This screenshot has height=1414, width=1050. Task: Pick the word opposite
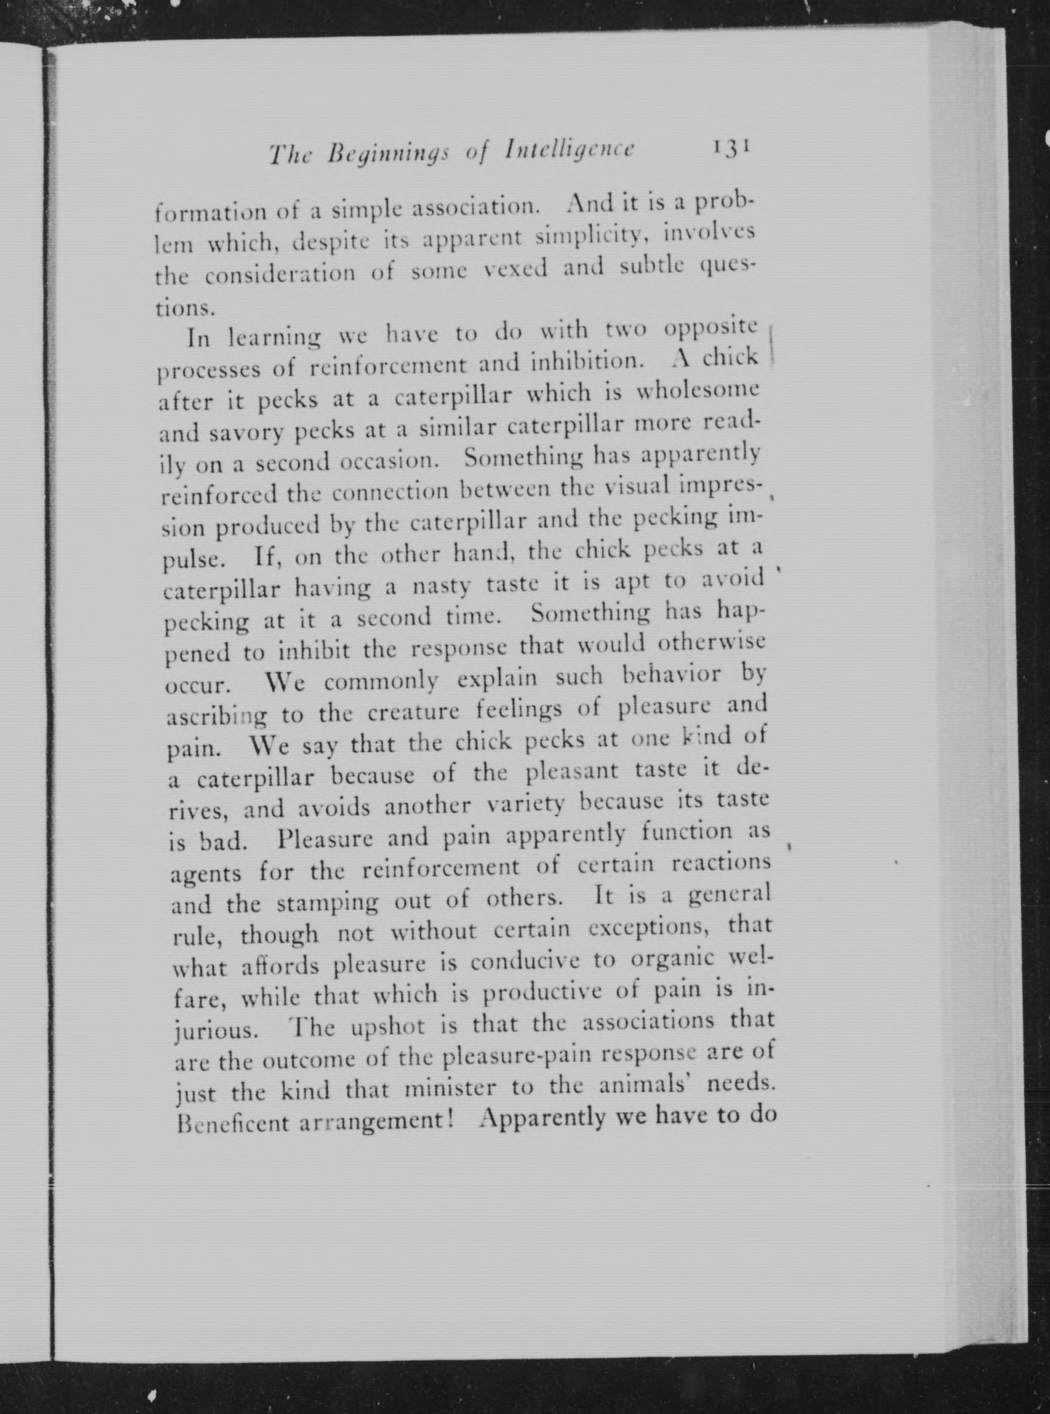711,328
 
